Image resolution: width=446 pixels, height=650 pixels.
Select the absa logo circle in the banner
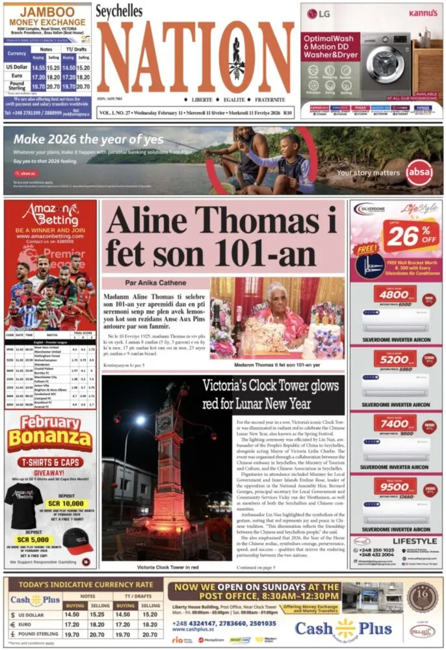pyautogui.click(x=418, y=172)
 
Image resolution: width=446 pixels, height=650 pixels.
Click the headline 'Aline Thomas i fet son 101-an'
pyautogui.click(x=223, y=237)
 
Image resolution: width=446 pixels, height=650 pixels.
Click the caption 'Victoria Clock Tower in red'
pyautogui.click(x=167, y=567)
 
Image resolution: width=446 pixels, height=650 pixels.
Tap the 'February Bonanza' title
pyautogui.click(x=50, y=432)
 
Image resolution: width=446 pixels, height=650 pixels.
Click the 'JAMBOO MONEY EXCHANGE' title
pyautogui.click(x=47, y=18)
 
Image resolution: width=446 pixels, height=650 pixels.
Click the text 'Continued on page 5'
pyautogui.click(x=256, y=567)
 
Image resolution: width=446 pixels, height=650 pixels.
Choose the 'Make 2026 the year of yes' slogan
pyautogui.click(x=88, y=138)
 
